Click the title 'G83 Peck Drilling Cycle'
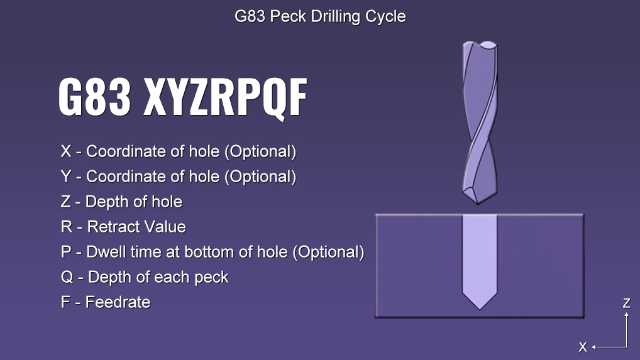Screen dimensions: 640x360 [x=320, y=17]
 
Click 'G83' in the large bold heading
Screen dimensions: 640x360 [x=95, y=97]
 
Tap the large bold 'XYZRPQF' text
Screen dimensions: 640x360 [x=225, y=98]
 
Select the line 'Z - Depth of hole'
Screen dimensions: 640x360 [x=121, y=202]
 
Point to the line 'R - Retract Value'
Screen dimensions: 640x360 [x=123, y=227]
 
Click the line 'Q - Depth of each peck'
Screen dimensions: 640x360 [x=145, y=277]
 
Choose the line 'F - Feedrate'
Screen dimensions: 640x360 [x=106, y=302]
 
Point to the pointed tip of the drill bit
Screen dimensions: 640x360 [x=478, y=203]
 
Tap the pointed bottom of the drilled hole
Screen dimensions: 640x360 [x=480, y=310]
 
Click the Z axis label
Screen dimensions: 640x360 [x=627, y=303]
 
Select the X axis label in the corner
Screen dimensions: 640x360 [x=583, y=347]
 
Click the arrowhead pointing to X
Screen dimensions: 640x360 [x=594, y=347]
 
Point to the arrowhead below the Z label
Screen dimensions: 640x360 [x=627, y=315]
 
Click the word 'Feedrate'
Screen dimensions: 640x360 [x=118, y=302]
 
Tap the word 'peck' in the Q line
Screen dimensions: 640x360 [x=211, y=278]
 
